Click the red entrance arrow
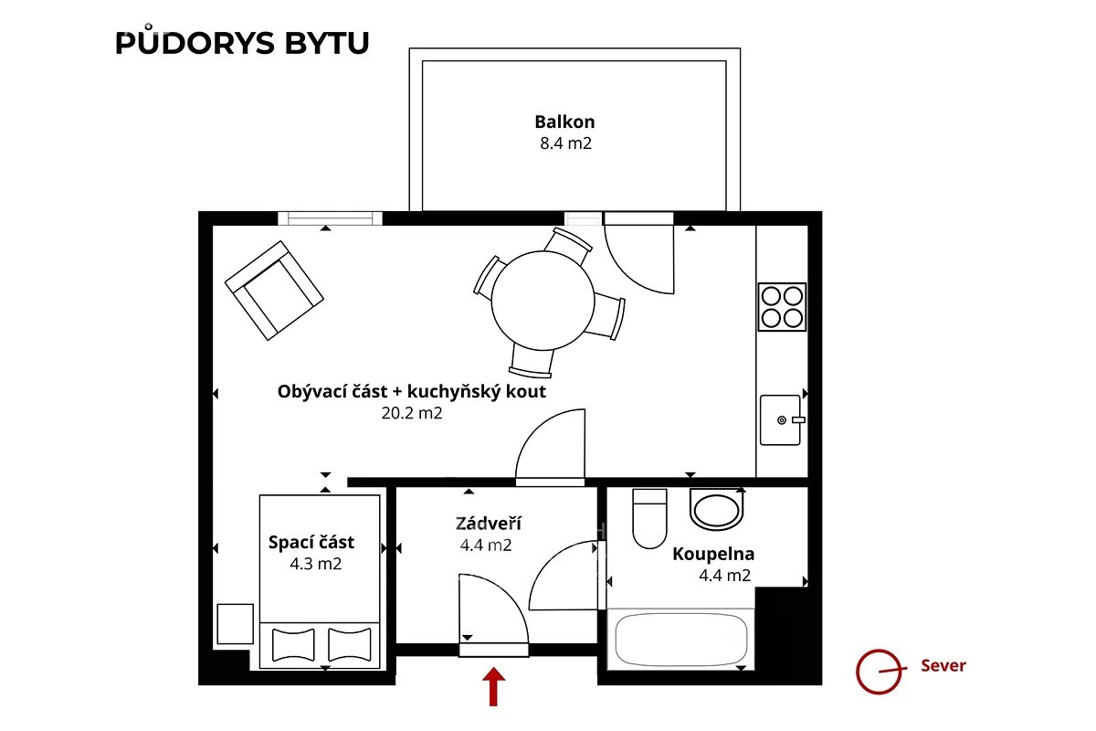click(x=494, y=686)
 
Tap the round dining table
click(x=543, y=301)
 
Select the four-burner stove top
click(x=782, y=307)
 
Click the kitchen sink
click(x=781, y=420)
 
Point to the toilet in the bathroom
click(x=649, y=518)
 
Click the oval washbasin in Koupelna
click(x=717, y=509)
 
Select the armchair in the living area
click(x=274, y=291)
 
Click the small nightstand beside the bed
click(x=236, y=624)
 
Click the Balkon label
click(x=564, y=122)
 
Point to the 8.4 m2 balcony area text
click(x=565, y=143)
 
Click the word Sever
click(x=943, y=665)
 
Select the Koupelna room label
click(x=713, y=554)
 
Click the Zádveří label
click(x=489, y=523)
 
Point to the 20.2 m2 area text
click(x=412, y=413)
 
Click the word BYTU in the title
click(x=327, y=43)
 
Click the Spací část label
click(x=311, y=543)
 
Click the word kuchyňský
click(x=454, y=392)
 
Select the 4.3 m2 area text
click(x=316, y=564)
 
